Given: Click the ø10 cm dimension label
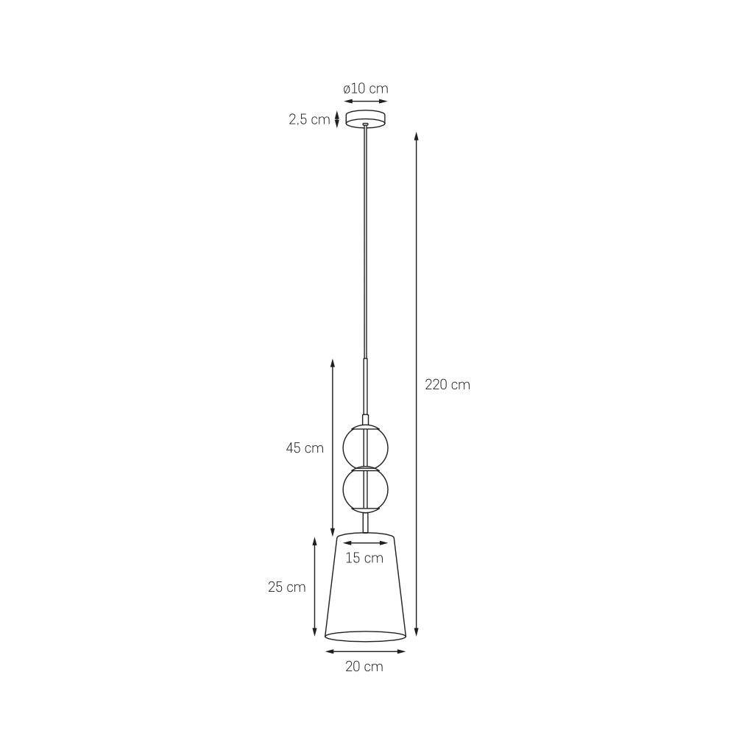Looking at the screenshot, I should (365, 89).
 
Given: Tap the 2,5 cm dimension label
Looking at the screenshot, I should (309, 119).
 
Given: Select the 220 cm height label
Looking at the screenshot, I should (447, 384).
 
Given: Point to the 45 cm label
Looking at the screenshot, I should (305, 447).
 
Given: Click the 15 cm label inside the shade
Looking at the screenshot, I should (365, 558).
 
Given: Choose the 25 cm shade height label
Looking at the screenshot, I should (286, 587).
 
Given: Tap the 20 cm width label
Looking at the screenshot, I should (365, 667).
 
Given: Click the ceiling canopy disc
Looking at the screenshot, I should (366, 118).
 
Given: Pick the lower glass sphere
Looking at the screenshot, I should (366, 489).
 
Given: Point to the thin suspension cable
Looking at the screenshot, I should (366, 243).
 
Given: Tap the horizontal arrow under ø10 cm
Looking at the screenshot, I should (365, 102).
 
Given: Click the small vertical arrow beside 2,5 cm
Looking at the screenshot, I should (337, 118).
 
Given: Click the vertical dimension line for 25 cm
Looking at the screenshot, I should (315, 587).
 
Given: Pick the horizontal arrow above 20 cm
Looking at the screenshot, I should (366, 651).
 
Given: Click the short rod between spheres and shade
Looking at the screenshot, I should (366, 523).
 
